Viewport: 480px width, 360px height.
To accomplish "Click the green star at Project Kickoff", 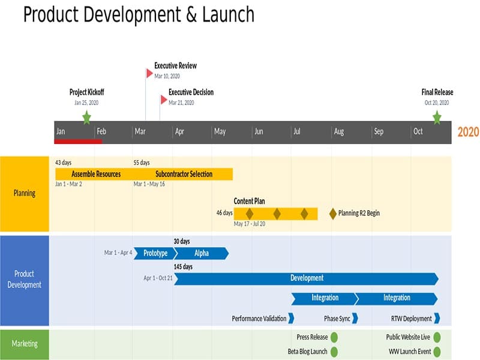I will tap(86, 117).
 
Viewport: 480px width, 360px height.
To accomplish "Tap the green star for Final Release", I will tap(437, 117).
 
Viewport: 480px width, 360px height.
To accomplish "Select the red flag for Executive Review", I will tap(149, 73).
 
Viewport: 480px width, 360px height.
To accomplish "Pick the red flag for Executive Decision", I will tap(164, 99).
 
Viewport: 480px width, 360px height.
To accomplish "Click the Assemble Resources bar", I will tap(95, 174).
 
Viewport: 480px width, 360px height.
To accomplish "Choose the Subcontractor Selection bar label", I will tap(184, 174).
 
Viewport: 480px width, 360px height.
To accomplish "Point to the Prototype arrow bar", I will tap(155, 253).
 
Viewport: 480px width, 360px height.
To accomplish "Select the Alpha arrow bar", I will tap(202, 253).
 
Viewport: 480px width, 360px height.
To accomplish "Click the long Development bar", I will tap(306, 278).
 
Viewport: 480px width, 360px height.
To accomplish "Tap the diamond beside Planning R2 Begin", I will tap(333, 213).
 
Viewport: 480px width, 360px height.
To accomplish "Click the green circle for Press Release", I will tap(334, 337).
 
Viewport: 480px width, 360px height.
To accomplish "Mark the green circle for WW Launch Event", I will tap(437, 352).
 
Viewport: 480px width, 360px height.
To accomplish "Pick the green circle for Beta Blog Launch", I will tap(334, 352).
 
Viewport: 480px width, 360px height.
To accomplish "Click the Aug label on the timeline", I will tap(339, 132).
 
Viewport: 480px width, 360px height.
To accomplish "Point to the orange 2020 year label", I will tap(468, 132).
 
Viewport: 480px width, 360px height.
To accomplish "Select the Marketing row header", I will tap(25, 344).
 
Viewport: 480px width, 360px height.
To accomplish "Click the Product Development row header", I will tap(25, 280).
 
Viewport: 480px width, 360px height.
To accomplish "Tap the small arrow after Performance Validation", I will tap(291, 318).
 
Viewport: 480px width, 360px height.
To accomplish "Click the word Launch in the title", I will tap(228, 14).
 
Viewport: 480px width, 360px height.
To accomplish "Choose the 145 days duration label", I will tap(183, 266).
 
